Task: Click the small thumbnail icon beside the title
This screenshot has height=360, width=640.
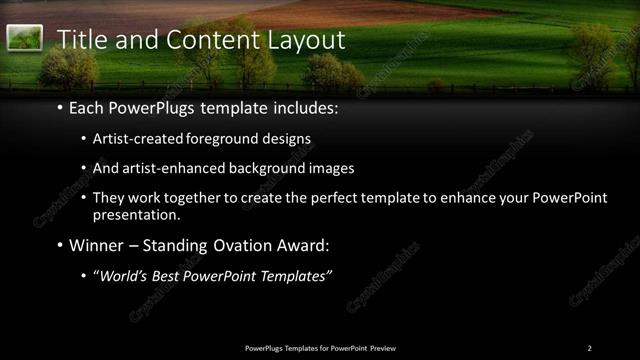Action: pyautogui.click(x=24, y=39)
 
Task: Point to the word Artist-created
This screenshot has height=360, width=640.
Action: pyautogui.click(x=137, y=139)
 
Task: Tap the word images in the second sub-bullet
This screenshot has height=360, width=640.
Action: pyautogui.click(x=332, y=168)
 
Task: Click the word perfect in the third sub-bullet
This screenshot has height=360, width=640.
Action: pyautogui.click(x=340, y=198)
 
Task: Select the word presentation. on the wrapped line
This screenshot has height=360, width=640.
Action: pyautogui.click(x=137, y=214)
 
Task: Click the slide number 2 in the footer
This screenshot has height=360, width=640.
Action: pyautogui.click(x=590, y=348)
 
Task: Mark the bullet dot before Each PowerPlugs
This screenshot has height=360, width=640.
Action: pyautogui.click(x=60, y=108)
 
